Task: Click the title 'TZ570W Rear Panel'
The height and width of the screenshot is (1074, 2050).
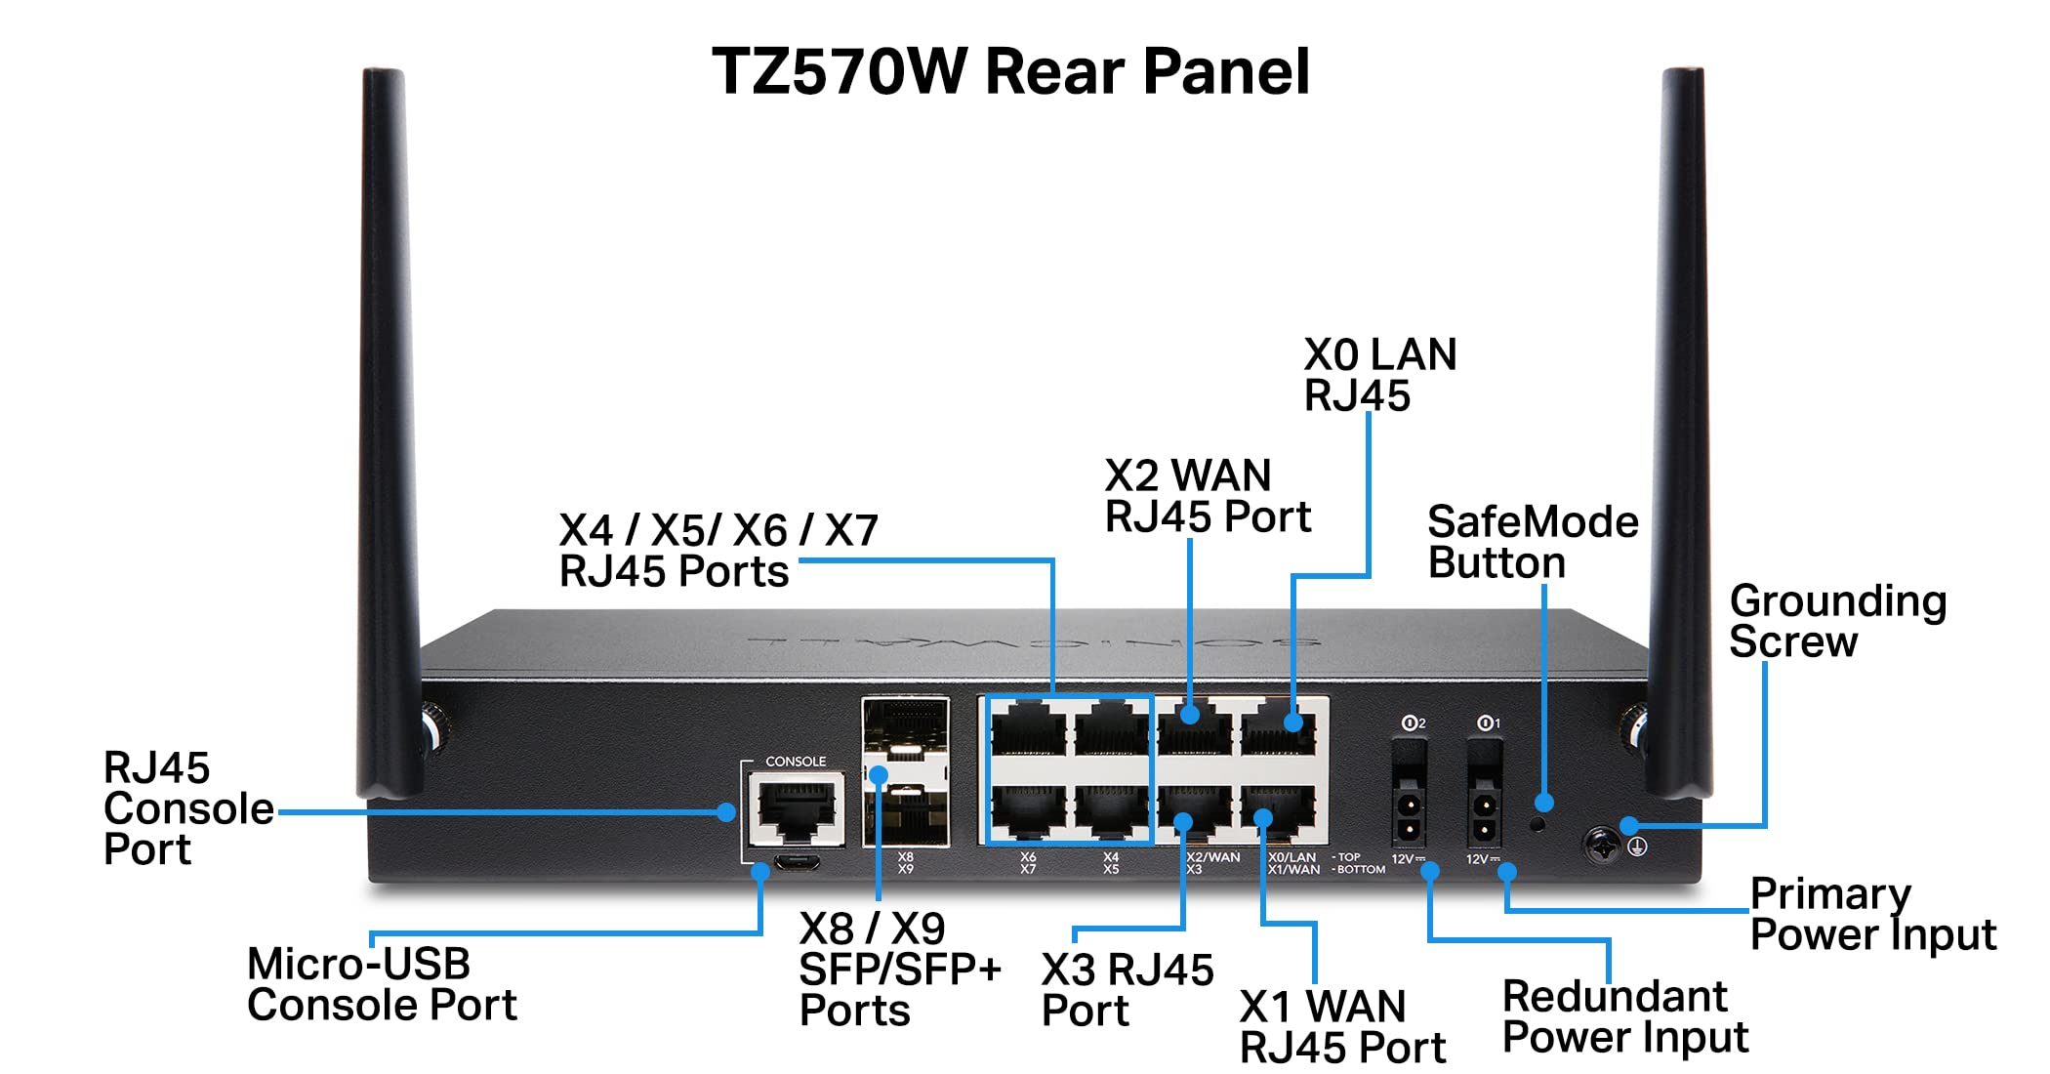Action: pyautogui.click(x=1010, y=72)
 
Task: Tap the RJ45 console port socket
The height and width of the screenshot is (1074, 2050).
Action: pyautogui.click(x=797, y=810)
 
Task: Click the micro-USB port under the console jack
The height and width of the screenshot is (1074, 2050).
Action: pyautogui.click(x=797, y=863)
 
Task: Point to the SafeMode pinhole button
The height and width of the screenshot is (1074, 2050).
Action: pyautogui.click(x=1537, y=824)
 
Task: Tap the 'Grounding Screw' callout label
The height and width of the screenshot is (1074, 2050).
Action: pyautogui.click(x=1836, y=621)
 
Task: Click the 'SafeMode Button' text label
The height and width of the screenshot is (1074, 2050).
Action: pyautogui.click(x=1532, y=542)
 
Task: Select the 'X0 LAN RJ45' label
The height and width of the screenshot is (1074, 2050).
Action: pyautogui.click(x=1378, y=375)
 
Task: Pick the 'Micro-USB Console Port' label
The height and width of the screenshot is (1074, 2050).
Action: pyautogui.click(x=381, y=984)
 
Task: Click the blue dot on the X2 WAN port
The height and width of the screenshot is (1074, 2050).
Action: pyautogui.click(x=1190, y=715)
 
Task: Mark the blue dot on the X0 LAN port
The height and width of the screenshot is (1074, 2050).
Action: pyautogui.click(x=1293, y=723)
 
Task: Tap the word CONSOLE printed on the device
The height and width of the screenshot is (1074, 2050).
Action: pyautogui.click(x=796, y=762)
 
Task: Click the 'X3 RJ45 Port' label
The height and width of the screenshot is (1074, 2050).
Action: pyautogui.click(x=1127, y=990)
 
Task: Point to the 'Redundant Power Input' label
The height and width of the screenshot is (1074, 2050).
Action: pyautogui.click(x=1624, y=1016)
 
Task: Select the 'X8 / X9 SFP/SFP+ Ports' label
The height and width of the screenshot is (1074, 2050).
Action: pyautogui.click(x=899, y=969)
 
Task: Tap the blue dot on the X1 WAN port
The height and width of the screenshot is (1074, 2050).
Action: pyautogui.click(x=1263, y=816)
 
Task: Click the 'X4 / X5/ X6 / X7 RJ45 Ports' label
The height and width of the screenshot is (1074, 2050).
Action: pyautogui.click(x=717, y=551)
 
